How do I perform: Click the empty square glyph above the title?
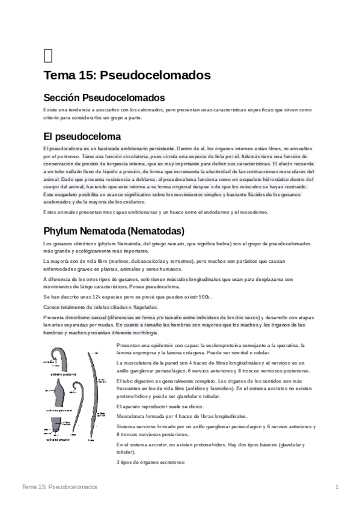tap(48, 55)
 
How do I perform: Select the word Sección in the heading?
tap(61, 97)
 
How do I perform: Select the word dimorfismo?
tap(80, 318)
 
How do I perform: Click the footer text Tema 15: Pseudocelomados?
tap(59, 486)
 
